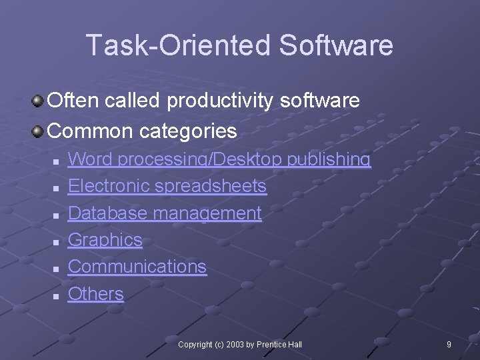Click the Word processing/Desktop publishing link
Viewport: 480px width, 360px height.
coord(219,159)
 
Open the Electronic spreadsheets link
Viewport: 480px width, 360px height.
coord(167,186)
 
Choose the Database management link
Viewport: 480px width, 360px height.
coord(165,213)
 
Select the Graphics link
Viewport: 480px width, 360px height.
coord(105,240)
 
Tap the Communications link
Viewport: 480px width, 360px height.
coord(137,267)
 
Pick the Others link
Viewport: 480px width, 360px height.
coord(96,294)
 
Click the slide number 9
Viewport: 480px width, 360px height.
coord(449,345)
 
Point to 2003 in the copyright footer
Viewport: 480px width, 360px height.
coord(235,345)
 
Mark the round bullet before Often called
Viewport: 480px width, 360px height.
coord(39,101)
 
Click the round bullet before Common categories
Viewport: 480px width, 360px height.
coord(39,131)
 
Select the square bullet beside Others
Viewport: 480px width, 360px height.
coord(57,295)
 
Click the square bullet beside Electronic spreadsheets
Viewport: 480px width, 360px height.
coord(57,188)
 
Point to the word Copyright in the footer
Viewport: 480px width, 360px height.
coord(195,345)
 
